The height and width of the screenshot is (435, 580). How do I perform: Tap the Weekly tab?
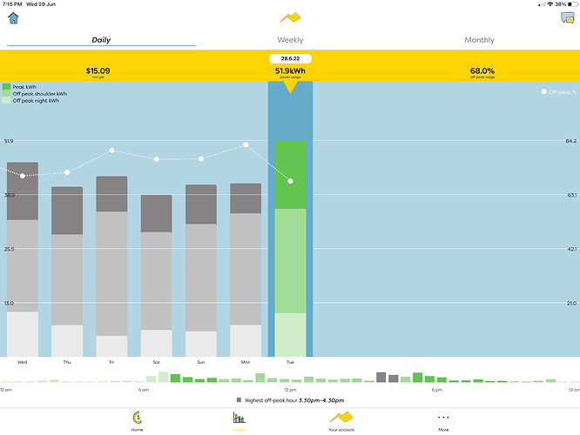click(x=290, y=40)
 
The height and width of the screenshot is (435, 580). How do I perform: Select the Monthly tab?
click(x=479, y=40)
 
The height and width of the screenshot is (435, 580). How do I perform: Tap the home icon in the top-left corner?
click(x=13, y=18)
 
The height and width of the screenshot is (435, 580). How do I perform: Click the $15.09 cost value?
click(x=98, y=70)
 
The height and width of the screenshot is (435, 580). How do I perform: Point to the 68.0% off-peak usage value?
click(x=482, y=70)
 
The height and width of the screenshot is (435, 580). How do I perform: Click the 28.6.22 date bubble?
click(x=290, y=57)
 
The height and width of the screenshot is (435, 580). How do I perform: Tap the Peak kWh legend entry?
click(x=24, y=87)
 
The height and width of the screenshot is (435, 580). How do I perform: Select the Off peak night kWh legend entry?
click(x=35, y=101)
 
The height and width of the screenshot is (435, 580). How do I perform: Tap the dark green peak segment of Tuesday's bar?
click(x=290, y=174)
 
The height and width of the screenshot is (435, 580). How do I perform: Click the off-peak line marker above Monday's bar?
click(x=246, y=144)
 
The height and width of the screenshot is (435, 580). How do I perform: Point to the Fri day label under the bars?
click(x=111, y=362)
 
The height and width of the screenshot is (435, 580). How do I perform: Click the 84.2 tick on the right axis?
click(x=571, y=140)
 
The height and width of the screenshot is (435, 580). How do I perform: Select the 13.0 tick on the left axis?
click(x=9, y=303)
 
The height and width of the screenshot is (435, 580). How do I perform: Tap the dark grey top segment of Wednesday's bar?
click(x=23, y=191)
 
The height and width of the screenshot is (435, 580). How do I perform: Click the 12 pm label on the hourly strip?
click(x=290, y=390)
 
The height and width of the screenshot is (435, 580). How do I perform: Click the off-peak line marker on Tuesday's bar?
click(x=290, y=181)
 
